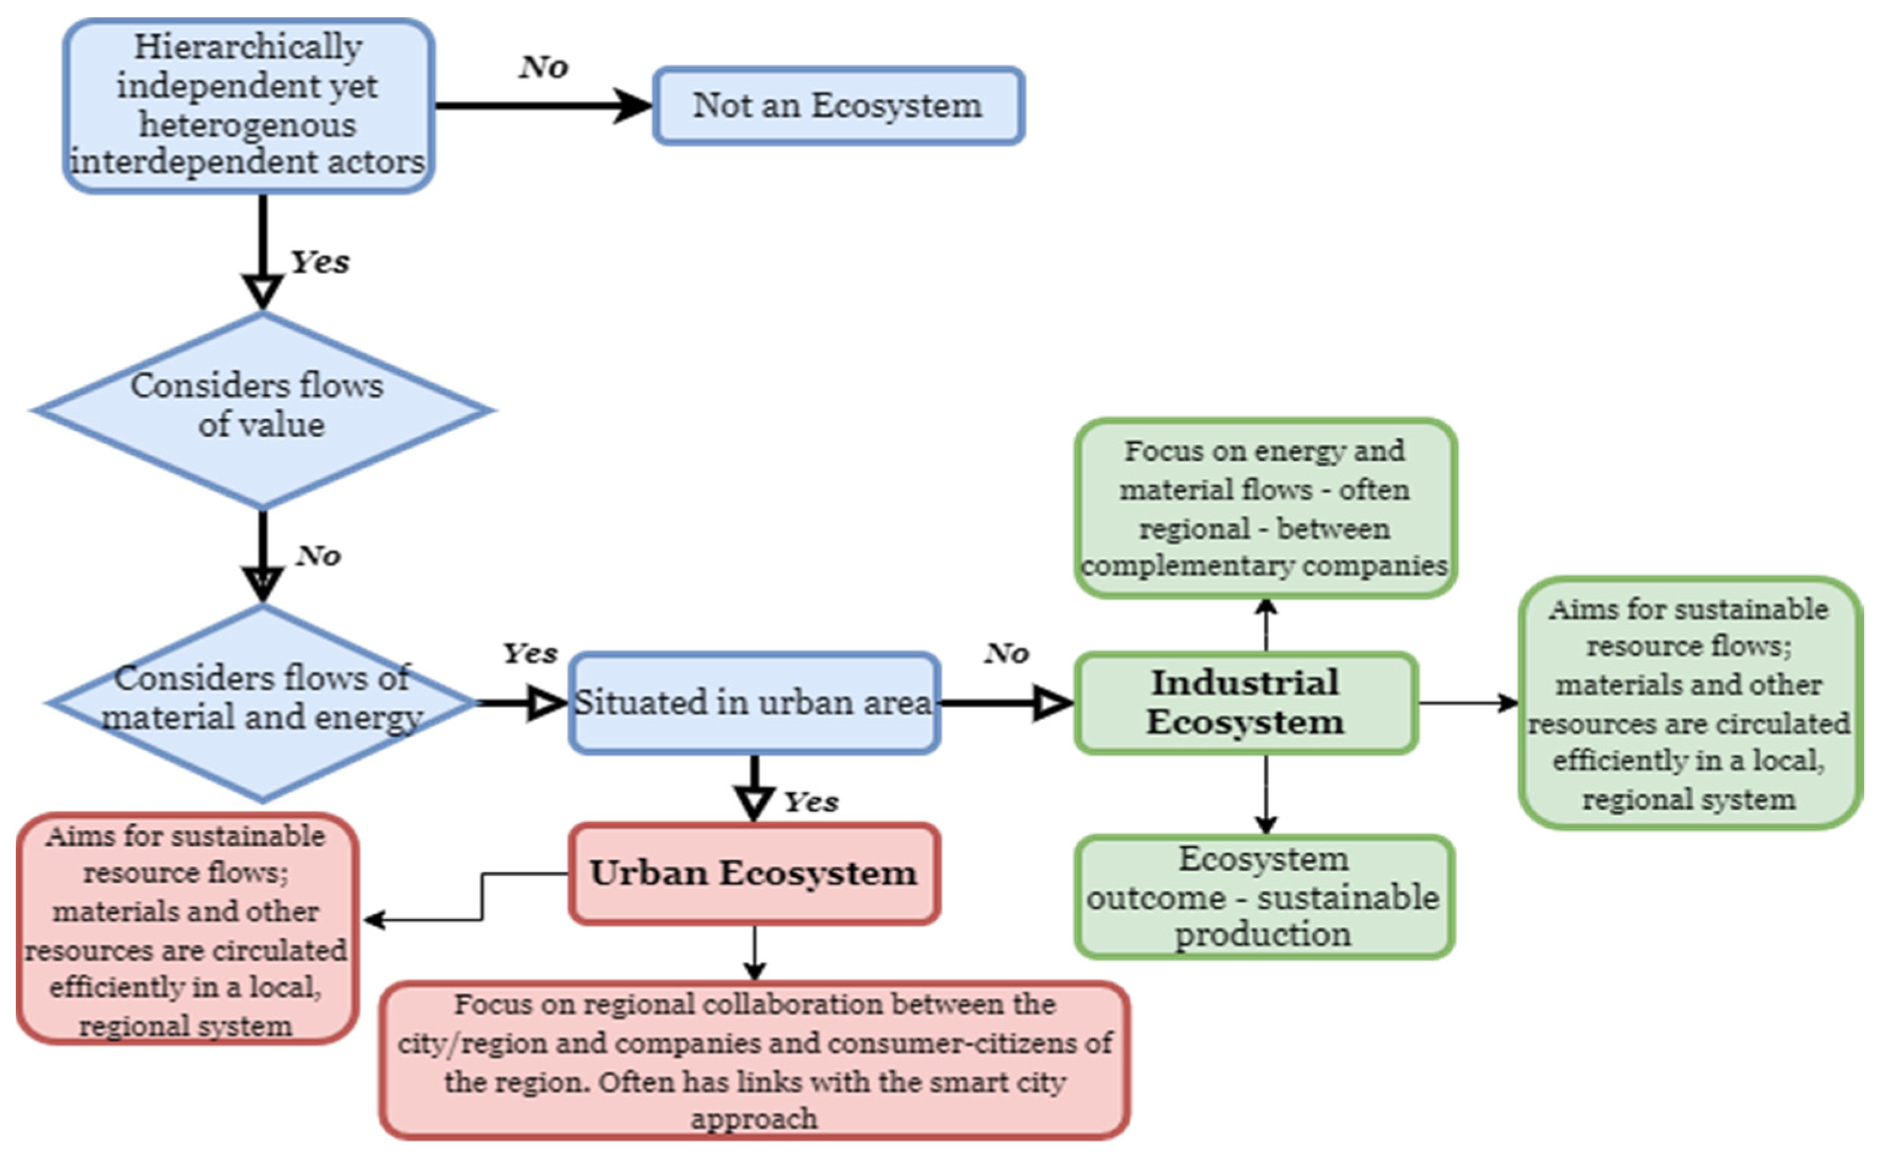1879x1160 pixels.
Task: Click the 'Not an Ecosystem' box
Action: click(x=838, y=106)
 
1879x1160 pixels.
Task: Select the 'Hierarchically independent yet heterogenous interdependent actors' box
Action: click(x=248, y=106)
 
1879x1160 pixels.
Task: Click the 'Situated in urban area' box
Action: click(x=753, y=703)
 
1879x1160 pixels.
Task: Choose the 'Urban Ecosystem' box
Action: click(x=753, y=873)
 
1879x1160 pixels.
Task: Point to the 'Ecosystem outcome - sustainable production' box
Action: click(x=1263, y=896)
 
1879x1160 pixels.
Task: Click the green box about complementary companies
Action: click(x=1265, y=508)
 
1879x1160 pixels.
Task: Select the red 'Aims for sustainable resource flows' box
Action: click(x=186, y=929)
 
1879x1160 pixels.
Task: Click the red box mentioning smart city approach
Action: click(x=753, y=1060)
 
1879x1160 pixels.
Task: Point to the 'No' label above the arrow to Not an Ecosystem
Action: click(x=544, y=68)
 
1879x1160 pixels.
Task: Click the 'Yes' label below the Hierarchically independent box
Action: click(x=320, y=262)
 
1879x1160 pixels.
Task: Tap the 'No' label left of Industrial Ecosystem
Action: click(x=1007, y=654)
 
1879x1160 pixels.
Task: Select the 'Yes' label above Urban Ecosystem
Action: click(x=811, y=803)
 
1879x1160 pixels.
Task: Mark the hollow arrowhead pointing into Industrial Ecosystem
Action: click(x=1053, y=703)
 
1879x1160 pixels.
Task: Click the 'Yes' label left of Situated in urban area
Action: click(x=529, y=654)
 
